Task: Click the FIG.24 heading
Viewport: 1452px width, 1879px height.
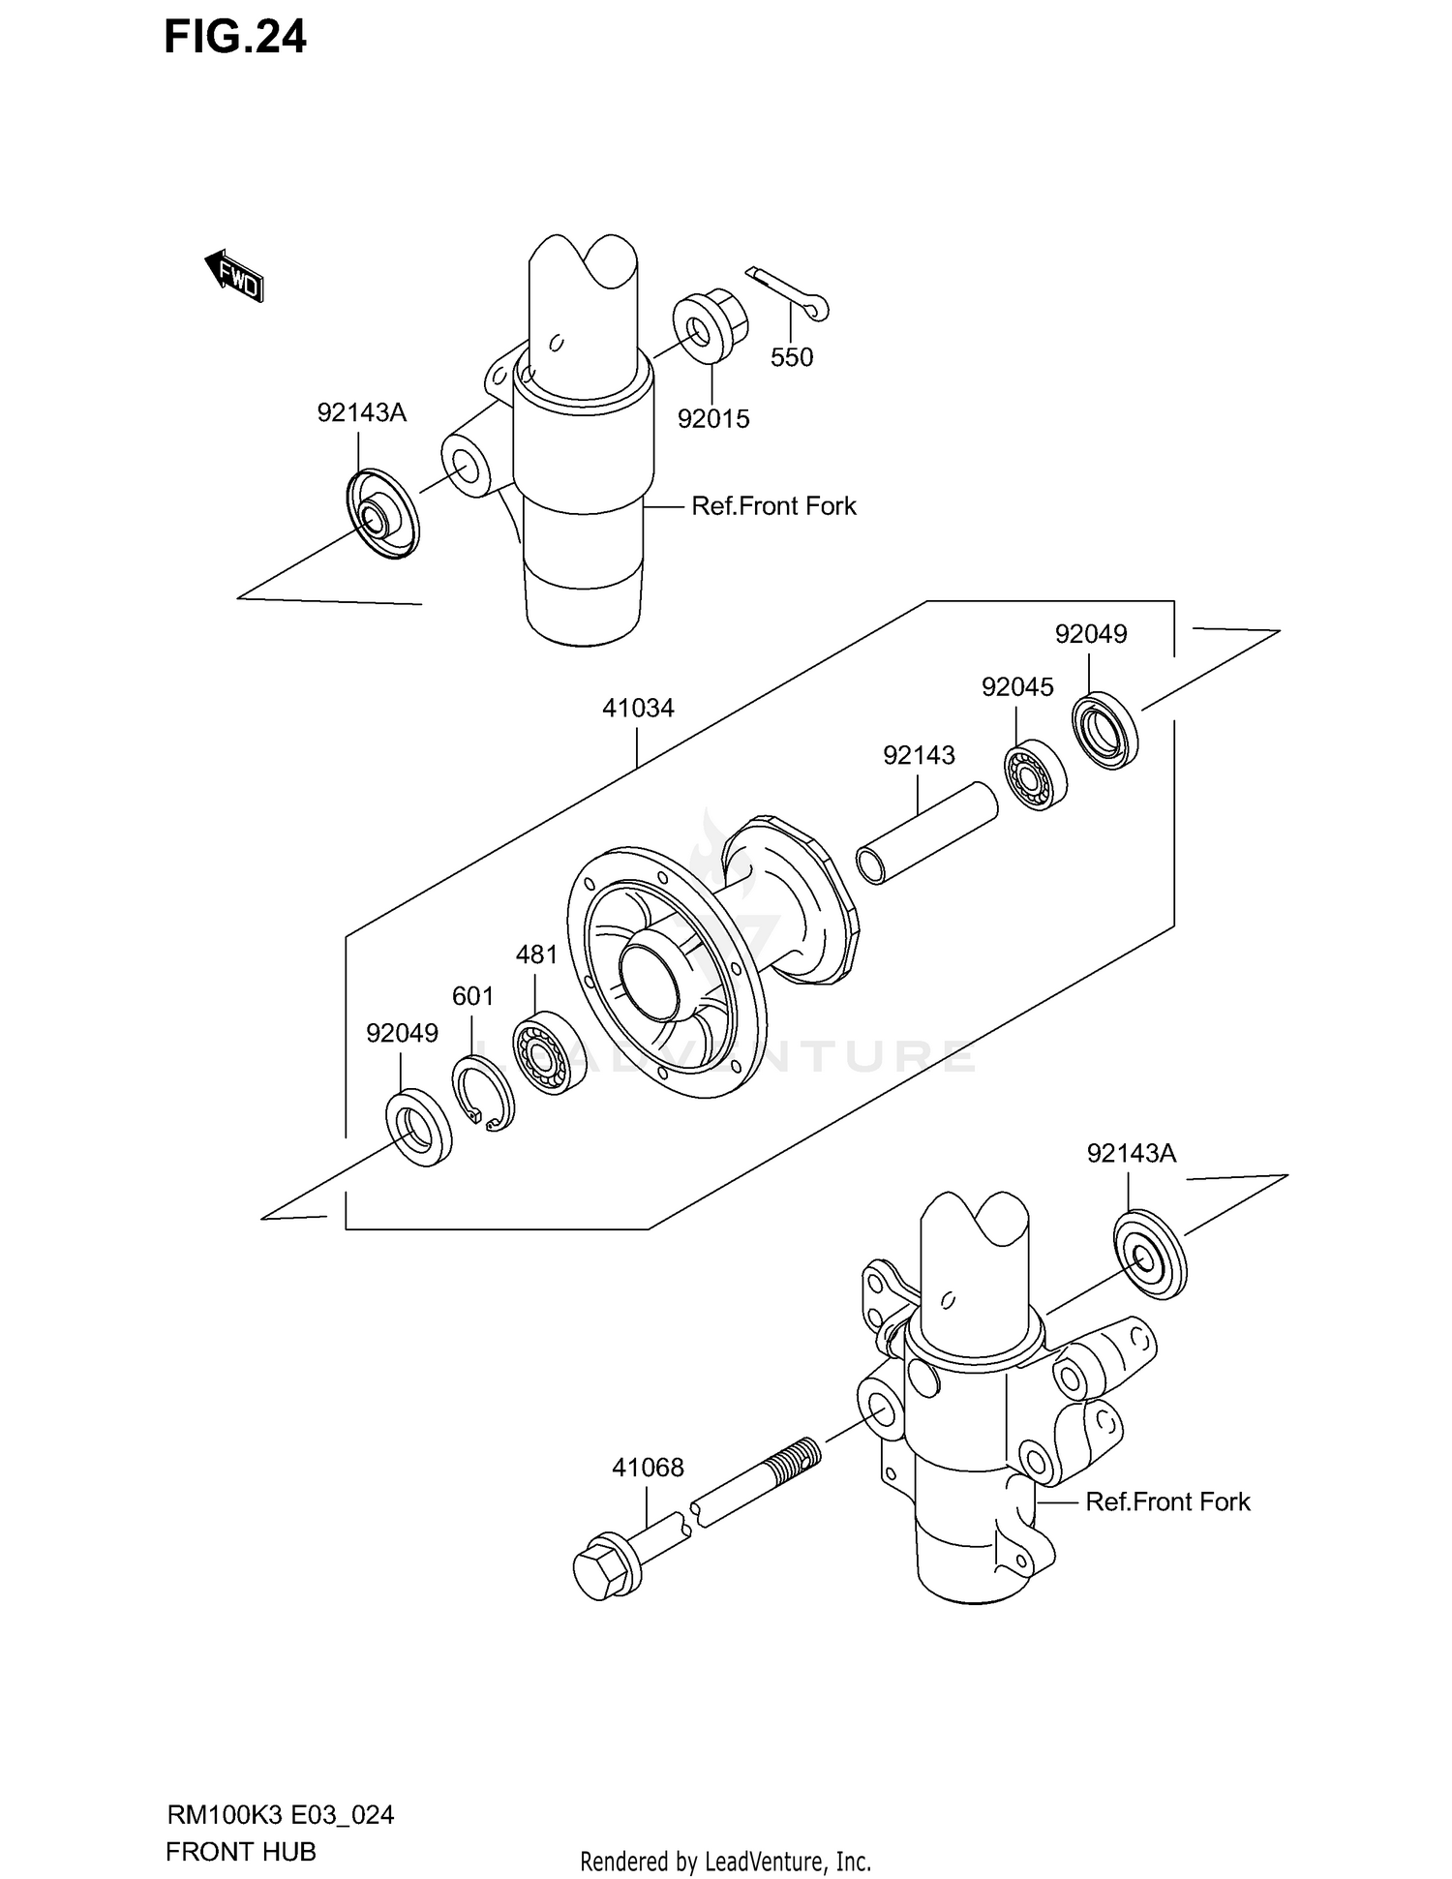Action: [235, 37]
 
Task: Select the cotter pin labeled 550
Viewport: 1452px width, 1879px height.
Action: [788, 293]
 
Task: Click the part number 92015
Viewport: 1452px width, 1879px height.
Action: [713, 419]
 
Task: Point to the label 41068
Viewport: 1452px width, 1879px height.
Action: [648, 1468]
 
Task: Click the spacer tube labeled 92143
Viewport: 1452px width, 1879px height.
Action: [926, 833]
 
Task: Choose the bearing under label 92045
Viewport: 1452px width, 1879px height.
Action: [1033, 773]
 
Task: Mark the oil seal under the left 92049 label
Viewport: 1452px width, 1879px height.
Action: [418, 1127]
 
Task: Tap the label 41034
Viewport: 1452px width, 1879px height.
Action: [638, 709]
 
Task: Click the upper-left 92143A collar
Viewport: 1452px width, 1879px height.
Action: [380, 515]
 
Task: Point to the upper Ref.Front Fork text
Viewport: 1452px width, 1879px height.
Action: [773, 506]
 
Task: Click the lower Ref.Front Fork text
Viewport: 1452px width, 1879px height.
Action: [1167, 1501]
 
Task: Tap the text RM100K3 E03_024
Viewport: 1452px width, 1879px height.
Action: [280, 1815]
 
